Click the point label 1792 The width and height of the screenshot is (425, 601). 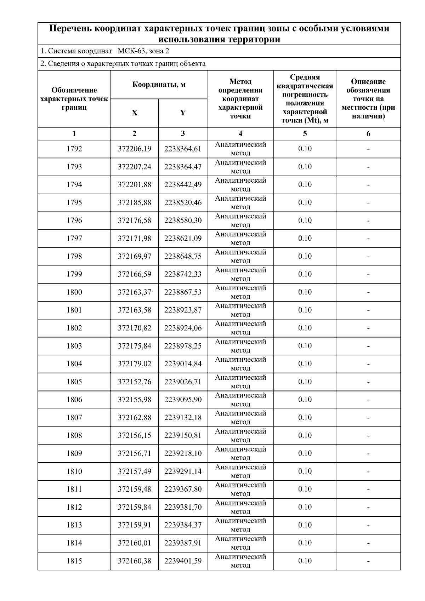[x=74, y=149]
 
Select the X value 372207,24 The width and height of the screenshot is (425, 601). [x=134, y=167]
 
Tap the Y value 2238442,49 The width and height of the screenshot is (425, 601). [x=182, y=185]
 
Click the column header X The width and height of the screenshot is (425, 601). [x=135, y=113]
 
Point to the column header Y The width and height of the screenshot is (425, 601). [x=183, y=113]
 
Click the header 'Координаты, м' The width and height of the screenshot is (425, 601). [x=159, y=85]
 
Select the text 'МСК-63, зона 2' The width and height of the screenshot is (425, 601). [x=143, y=51]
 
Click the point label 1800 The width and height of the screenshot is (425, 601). [x=74, y=292]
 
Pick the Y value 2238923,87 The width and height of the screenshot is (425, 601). [x=182, y=310]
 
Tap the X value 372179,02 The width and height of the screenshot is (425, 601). [x=134, y=364]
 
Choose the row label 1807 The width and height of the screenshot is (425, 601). [x=74, y=418]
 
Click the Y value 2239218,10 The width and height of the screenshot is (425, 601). [x=182, y=453]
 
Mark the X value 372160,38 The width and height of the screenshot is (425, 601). [x=134, y=561]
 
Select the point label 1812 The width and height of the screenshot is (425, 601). [x=74, y=507]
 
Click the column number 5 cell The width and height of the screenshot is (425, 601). [x=305, y=134]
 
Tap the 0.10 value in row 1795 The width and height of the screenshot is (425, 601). [x=305, y=202]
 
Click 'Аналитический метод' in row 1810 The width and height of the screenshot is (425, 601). [x=240, y=471]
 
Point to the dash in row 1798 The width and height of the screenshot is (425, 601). [x=368, y=257]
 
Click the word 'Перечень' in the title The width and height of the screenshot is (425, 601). [x=70, y=29]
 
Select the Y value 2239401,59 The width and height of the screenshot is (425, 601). [x=182, y=561]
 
